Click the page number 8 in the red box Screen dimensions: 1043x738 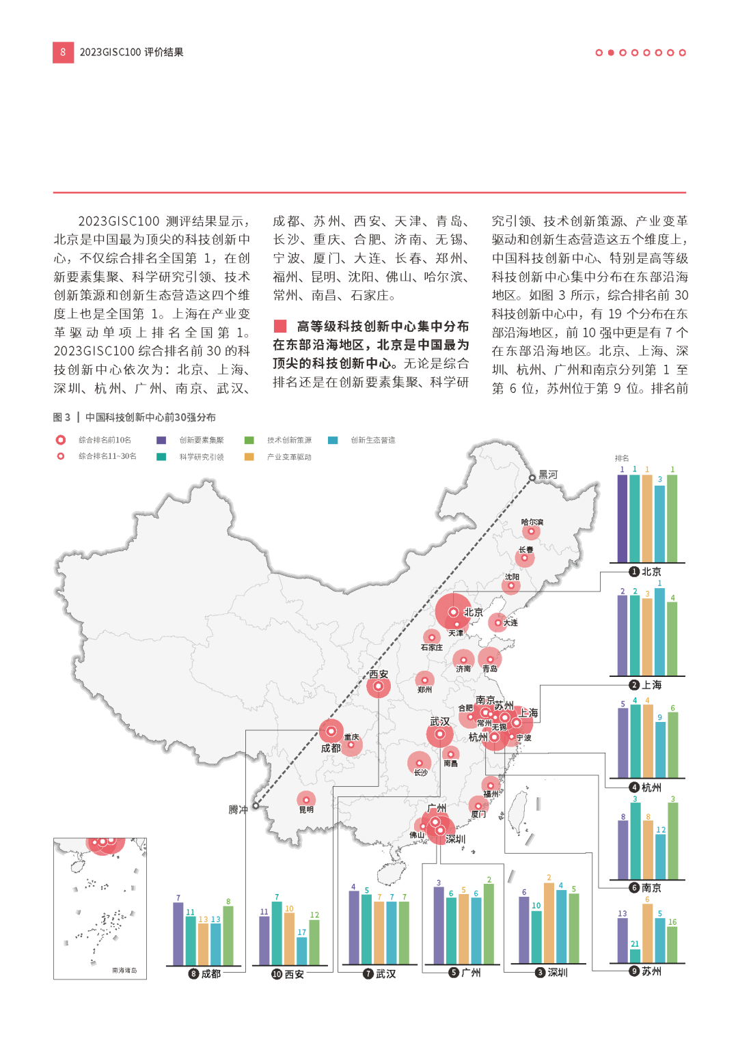click(x=63, y=52)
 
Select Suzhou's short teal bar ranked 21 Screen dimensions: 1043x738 click(x=635, y=956)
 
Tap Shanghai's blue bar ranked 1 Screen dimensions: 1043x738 click(x=659, y=632)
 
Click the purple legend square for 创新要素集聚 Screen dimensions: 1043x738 click(x=161, y=441)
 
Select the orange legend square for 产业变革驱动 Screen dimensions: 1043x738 click(x=249, y=457)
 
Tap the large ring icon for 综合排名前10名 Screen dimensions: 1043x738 click(x=61, y=441)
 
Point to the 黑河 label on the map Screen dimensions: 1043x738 click(x=548, y=475)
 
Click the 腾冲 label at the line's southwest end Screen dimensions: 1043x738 click(x=238, y=809)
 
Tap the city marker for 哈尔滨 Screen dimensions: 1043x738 click(x=531, y=531)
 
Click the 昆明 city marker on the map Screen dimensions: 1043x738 click(x=306, y=799)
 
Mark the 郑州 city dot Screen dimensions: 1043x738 click(x=424, y=680)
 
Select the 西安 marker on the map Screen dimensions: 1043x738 click(x=378, y=686)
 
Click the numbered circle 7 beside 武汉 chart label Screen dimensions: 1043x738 click(x=368, y=974)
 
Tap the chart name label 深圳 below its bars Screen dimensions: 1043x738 click(x=558, y=973)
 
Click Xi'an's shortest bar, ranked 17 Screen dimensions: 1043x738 click(x=301, y=951)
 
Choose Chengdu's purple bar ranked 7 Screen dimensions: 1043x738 click(x=178, y=934)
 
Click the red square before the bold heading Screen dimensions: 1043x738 click(x=279, y=326)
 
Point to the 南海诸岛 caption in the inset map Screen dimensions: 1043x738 click(x=124, y=970)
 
